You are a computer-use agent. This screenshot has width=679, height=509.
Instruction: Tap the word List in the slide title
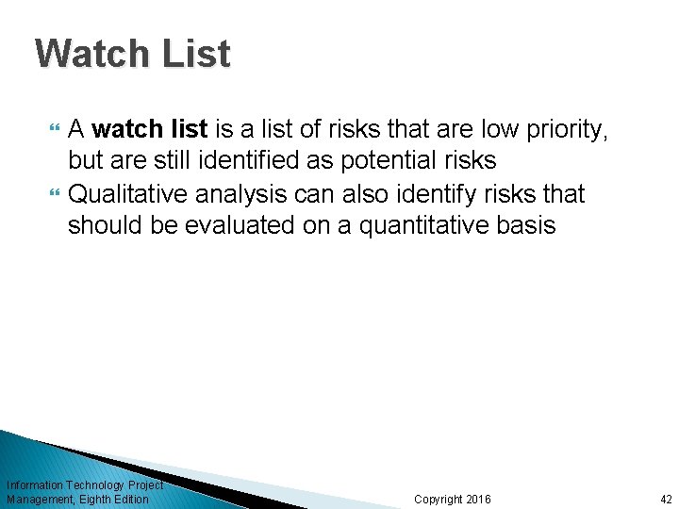click(195, 54)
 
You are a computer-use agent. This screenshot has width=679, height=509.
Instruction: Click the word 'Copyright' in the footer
click(439, 500)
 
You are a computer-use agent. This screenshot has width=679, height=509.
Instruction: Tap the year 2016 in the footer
click(479, 500)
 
